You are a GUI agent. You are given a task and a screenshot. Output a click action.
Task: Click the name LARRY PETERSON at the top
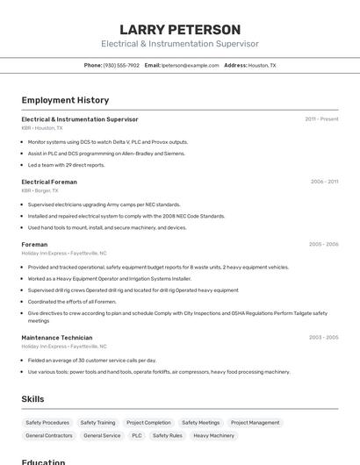pyautogui.click(x=180, y=30)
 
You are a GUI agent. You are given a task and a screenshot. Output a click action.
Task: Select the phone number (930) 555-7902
pyautogui.click(x=121, y=65)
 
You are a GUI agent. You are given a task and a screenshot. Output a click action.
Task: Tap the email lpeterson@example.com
pyautogui.click(x=191, y=65)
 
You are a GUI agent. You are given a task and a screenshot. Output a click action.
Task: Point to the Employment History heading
pyautogui.click(x=65, y=100)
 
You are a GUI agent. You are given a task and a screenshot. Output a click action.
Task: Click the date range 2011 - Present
pyautogui.click(x=321, y=118)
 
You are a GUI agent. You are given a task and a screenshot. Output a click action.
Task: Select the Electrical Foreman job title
pyautogui.click(x=49, y=182)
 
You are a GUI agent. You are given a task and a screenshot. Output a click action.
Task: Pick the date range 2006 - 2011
pyautogui.click(x=324, y=182)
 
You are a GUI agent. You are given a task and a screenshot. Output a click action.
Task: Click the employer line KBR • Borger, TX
pyautogui.click(x=40, y=190)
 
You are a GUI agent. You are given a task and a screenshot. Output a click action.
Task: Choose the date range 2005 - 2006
pyautogui.click(x=323, y=244)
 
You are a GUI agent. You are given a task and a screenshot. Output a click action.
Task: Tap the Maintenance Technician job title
pyautogui.click(x=57, y=337)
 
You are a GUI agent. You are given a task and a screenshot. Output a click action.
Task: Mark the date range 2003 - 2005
pyautogui.click(x=323, y=337)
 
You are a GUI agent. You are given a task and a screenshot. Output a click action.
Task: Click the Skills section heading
pyautogui.click(x=32, y=398)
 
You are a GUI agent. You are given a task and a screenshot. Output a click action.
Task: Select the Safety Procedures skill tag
pyautogui.click(x=47, y=422)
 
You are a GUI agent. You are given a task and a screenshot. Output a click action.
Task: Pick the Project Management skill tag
pyautogui.click(x=255, y=422)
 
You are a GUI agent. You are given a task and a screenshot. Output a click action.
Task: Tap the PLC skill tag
pyautogui.click(x=136, y=435)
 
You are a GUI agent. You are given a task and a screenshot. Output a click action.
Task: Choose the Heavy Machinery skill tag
pyautogui.click(x=213, y=435)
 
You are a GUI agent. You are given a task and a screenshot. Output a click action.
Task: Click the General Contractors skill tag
pyautogui.click(x=49, y=435)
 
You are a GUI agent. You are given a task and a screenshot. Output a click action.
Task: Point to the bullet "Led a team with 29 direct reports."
pyautogui.click(x=66, y=165)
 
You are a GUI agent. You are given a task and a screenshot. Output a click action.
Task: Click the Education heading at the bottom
pyautogui.click(x=43, y=461)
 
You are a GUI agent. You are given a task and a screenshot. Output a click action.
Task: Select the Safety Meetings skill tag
pyautogui.click(x=200, y=422)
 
